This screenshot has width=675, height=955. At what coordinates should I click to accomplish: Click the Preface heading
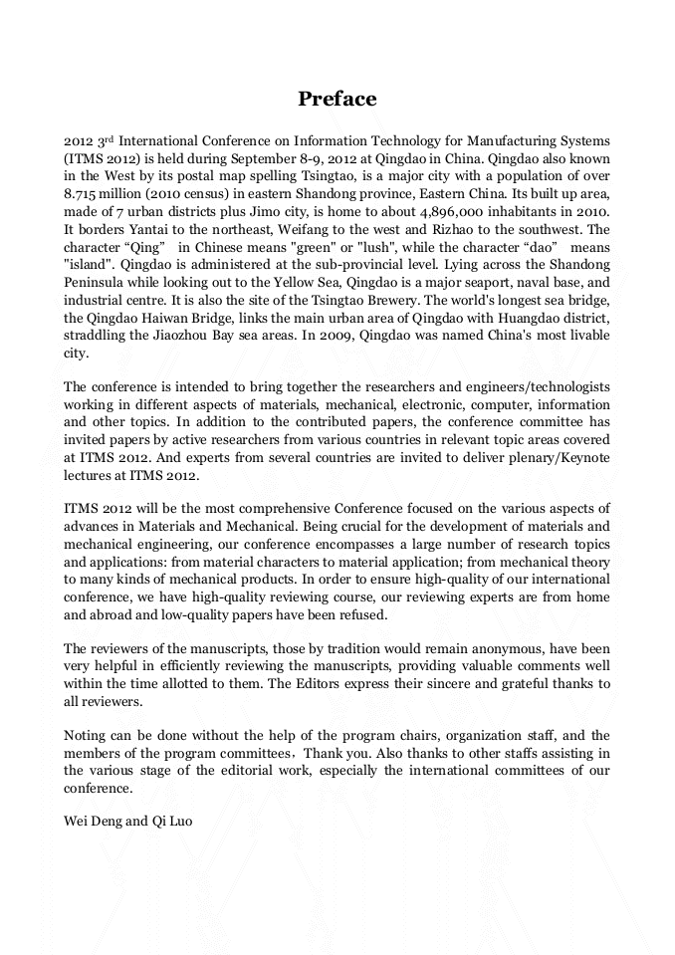(x=337, y=99)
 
